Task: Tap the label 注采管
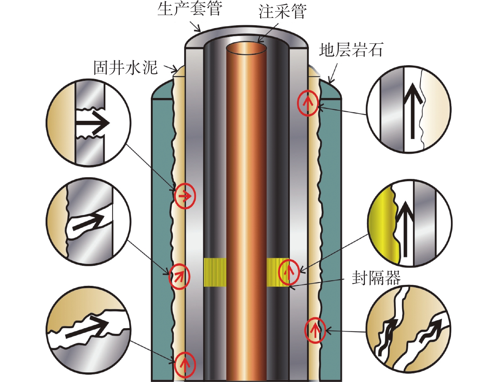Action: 282,12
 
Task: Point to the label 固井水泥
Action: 125,68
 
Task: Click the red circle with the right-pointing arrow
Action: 185,196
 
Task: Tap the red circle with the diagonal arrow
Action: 179,276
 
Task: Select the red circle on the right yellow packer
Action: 289,271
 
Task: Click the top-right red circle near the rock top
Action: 308,103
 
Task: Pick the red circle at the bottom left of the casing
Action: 185,364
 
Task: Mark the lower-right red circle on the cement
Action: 315,331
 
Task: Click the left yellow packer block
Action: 215,272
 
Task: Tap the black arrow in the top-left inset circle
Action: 92,123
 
